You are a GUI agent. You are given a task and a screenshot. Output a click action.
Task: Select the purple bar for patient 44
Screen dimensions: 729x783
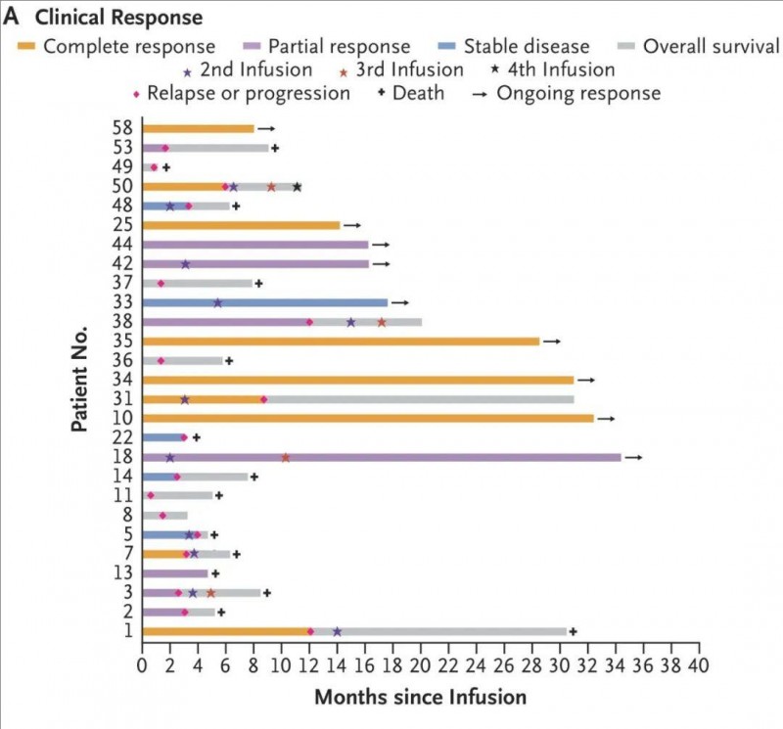pyautogui.click(x=255, y=244)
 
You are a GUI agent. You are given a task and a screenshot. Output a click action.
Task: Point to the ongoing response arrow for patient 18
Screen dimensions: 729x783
pyautogui.click(x=634, y=457)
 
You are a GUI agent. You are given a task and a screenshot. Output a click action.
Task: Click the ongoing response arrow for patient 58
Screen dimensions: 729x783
pyautogui.click(x=266, y=128)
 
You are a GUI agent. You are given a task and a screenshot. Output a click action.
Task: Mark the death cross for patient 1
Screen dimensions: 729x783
pyautogui.click(x=573, y=631)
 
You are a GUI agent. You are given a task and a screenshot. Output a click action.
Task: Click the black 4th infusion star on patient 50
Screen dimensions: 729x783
pyautogui.click(x=298, y=187)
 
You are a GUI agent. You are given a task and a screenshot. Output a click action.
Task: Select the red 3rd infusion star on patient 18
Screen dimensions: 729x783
pyautogui.click(x=286, y=457)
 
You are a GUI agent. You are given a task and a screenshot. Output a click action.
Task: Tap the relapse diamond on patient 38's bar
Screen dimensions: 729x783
pyautogui.click(x=309, y=322)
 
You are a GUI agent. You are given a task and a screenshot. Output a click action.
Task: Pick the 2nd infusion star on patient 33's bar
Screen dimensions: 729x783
pyautogui.click(x=217, y=302)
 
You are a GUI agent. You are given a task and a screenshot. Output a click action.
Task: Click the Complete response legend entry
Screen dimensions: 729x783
pyautogui.click(x=116, y=46)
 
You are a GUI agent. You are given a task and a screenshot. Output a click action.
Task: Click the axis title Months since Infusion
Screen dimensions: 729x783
pyautogui.click(x=420, y=698)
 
